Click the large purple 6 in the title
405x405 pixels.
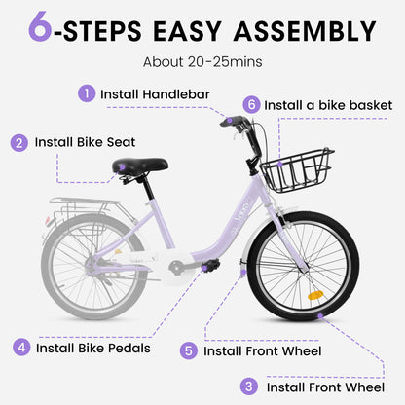click(40, 29)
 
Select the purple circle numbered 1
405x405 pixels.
click(87, 94)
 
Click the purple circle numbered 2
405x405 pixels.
click(19, 142)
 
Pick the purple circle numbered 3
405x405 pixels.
click(249, 387)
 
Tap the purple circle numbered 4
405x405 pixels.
click(20, 347)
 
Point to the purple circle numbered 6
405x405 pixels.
click(252, 103)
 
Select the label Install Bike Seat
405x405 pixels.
click(86, 142)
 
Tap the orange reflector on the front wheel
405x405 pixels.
click(314, 294)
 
